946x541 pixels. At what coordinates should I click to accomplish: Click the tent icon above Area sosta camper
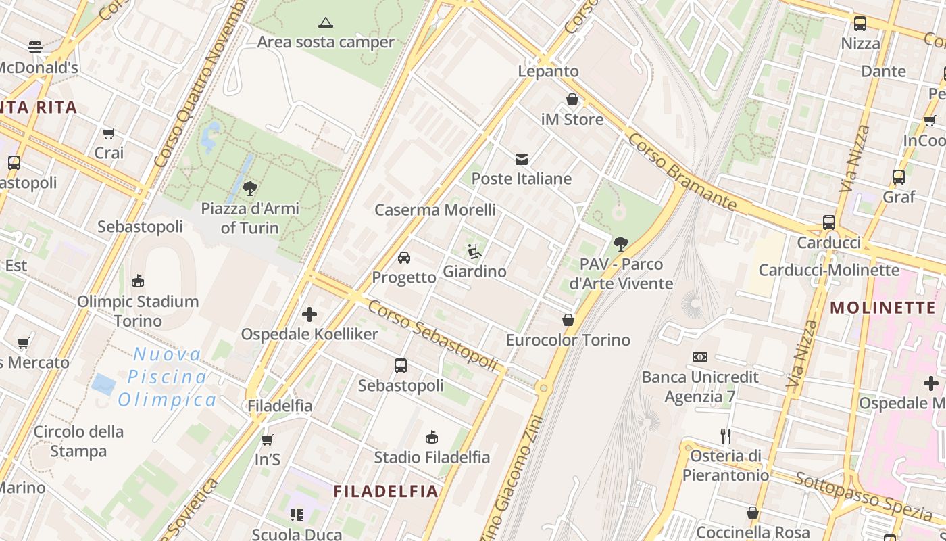326,22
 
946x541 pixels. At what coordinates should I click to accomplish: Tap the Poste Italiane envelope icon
522,160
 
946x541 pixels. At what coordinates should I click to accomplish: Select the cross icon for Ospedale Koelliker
309,314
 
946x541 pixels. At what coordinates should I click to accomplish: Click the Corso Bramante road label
682,171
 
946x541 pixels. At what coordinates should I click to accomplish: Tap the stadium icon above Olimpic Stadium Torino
138,281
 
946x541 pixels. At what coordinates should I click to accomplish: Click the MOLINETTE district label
882,308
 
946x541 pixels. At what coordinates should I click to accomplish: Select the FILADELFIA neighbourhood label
387,492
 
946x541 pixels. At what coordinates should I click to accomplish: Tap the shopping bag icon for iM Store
572,100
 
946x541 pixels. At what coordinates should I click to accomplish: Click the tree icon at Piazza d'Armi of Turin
250,188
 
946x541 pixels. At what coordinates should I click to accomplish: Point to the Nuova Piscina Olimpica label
167,377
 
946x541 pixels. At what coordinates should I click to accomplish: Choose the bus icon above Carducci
829,222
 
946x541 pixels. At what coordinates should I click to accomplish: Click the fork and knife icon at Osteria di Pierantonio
726,436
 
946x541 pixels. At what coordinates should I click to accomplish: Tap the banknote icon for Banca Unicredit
700,356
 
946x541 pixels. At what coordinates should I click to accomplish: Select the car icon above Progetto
404,258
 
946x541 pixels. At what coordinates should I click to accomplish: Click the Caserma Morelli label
435,210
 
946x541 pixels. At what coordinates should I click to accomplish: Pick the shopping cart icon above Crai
109,133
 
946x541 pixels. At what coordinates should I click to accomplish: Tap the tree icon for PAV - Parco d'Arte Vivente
621,243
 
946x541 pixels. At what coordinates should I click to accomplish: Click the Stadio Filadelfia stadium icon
432,438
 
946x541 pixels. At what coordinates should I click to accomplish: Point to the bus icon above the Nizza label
860,24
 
